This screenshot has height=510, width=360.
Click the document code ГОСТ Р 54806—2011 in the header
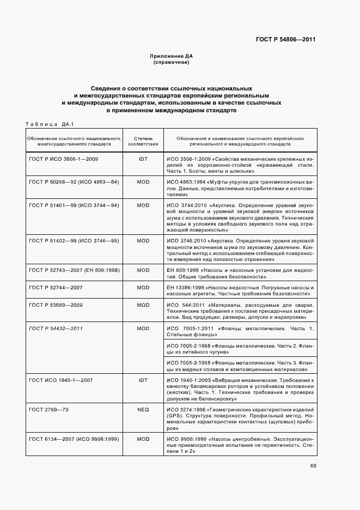[x=286, y=39]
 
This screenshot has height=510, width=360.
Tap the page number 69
[x=313, y=465]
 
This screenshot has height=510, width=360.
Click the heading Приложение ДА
[x=172, y=57]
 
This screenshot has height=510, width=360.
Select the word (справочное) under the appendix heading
[x=172, y=63]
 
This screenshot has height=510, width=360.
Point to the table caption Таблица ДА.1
[x=50, y=124]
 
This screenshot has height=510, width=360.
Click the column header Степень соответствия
[x=143, y=142]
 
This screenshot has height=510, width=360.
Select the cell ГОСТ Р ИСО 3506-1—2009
[x=63, y=158]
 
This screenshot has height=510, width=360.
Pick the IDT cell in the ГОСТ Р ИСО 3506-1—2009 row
[x=143, y=158]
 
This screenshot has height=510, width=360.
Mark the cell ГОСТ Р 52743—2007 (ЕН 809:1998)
[x=74, y=270]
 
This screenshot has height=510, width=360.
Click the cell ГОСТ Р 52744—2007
[x=56, y=287]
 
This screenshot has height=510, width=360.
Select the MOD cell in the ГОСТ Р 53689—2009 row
[x=143, y=305]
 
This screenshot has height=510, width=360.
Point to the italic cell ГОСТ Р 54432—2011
[x=56, y=329]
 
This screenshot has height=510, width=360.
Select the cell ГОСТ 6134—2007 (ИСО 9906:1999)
[x=74, y=439]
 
